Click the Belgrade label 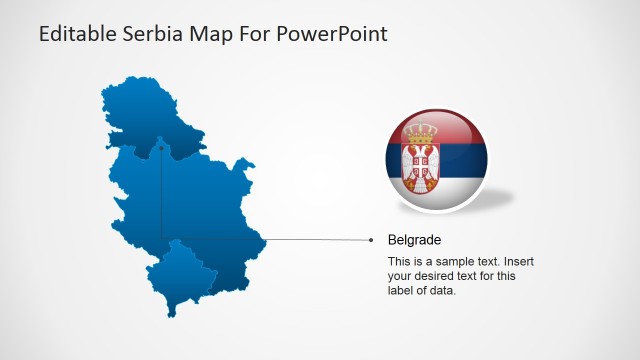[x=414, y=240]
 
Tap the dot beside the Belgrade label [x=371, y=240]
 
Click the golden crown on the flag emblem [x=421, y=131]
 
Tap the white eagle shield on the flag [x=420, y=162]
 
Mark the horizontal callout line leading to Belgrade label [x=300, y=240]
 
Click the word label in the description [x=402, y=291]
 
